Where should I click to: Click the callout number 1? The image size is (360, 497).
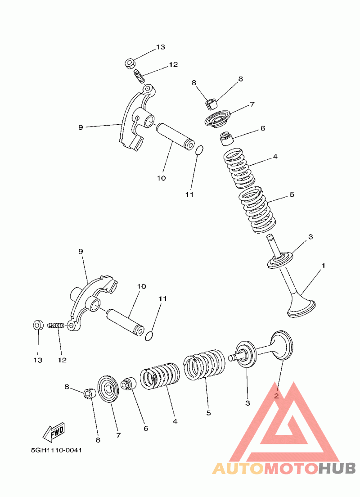[x=323, y=265]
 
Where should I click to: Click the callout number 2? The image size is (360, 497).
[x=276, y=396]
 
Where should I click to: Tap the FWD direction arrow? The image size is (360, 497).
[x=54, y=432]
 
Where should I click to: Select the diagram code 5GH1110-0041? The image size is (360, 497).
[x=56, y=450]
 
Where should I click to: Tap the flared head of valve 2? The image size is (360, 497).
[x=282, y=345]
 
